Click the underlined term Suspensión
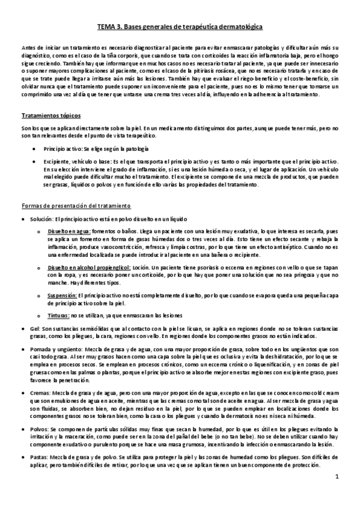pos(62,295)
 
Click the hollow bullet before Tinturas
pos(39,315)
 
